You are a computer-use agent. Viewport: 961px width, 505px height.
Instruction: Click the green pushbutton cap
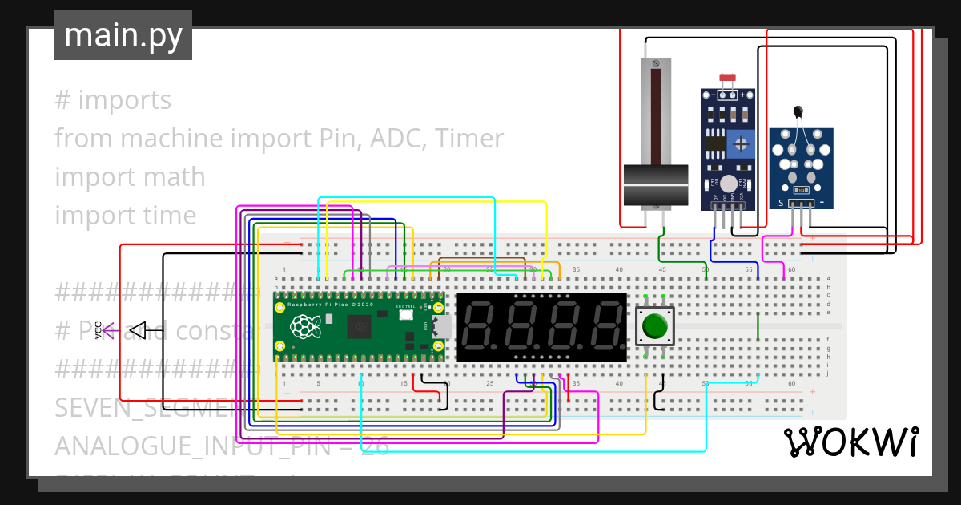tap(655, 326)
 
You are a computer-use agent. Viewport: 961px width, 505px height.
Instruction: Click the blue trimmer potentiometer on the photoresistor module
tap(742, 144)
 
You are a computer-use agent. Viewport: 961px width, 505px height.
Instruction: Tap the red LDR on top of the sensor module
tap(727, 79)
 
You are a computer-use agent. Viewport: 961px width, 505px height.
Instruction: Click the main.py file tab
tap(123, 35)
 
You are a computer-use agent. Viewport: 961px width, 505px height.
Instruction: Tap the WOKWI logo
tap(850, 442)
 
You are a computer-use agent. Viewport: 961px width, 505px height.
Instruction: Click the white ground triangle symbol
tap(137, 329)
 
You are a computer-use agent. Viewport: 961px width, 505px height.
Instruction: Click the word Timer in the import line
tap(470, 139)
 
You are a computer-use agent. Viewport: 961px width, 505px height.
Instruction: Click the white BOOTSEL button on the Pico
tap(406, 315)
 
